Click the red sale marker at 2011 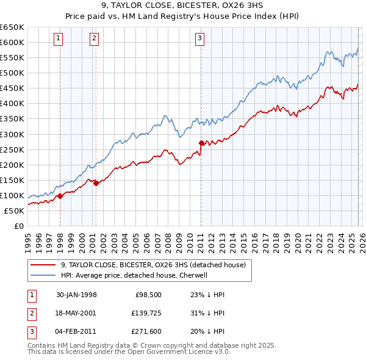click(201, 143)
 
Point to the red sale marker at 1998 click(60, 196)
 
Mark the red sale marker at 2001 click(96, 183)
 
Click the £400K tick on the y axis click(12, 104)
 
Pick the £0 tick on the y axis click(18, 226)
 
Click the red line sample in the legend click(43, 265)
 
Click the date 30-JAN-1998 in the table click(76, 294)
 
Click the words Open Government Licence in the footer click(184, 352)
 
